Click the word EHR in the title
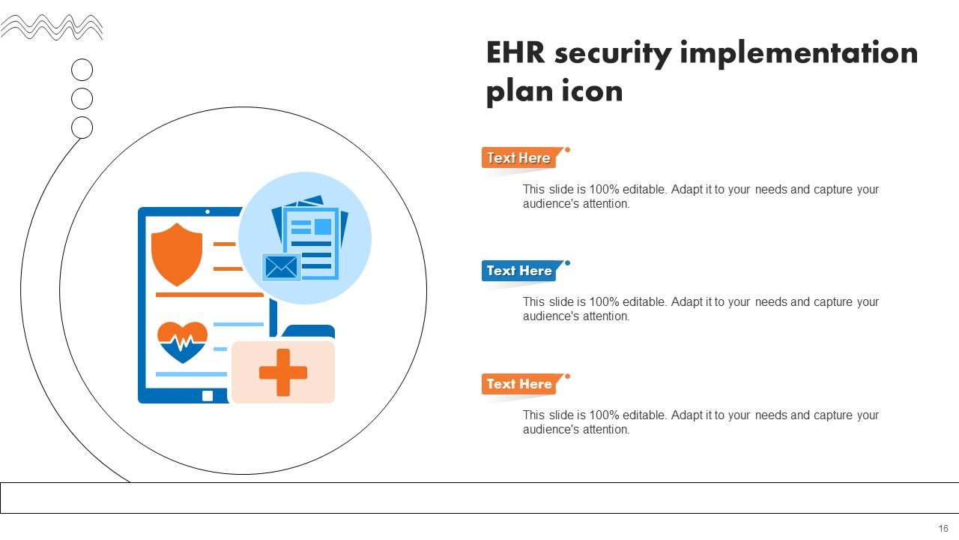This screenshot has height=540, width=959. (x=516, y=54)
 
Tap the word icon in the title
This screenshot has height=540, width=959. (x=592, y=91)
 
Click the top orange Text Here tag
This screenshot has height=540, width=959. (x=519, y=157)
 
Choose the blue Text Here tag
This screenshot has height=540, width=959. (x=519, y=271)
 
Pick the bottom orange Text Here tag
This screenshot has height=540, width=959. (x=519, y=384)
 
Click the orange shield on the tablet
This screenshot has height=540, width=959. (x=177, y=253)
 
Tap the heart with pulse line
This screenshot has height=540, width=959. (x=183, y=342)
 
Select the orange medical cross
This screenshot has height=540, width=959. (x=282, y=373)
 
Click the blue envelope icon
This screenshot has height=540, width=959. (x=282, y=267)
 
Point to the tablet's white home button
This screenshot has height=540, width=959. (x=208, y=395)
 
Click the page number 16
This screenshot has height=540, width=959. (x=943, y=529)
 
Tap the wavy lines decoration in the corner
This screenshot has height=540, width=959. (x=52, y=28)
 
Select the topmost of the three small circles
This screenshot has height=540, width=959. (x=82, y=70)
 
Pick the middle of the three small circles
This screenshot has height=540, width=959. (x=82, y=99)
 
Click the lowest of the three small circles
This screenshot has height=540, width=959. (x=82, y=127)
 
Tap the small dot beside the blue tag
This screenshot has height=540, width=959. (x=567, y=263)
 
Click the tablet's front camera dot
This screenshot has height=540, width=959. (x=208, y=212)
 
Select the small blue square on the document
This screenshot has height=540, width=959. (x=323, y=226)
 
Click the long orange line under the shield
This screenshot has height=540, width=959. (x=210, y=295)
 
